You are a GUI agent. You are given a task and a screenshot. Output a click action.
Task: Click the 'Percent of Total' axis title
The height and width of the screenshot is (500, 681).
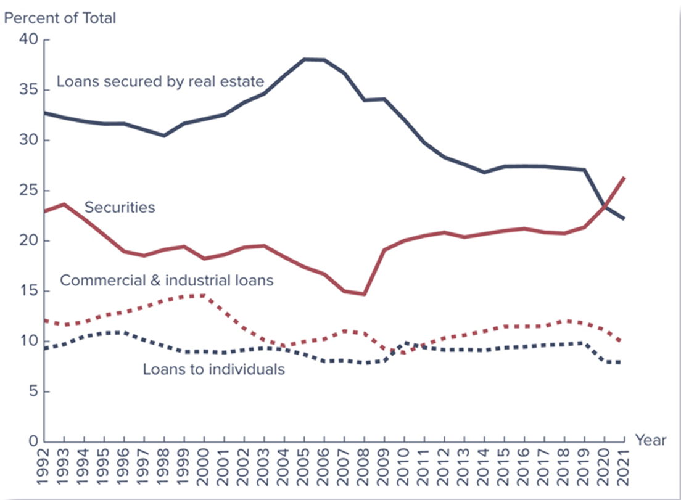60,18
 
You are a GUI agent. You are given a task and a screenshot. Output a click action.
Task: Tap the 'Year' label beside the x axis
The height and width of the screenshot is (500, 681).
651,440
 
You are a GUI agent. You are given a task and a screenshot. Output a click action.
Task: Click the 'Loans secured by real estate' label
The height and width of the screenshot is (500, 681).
160,81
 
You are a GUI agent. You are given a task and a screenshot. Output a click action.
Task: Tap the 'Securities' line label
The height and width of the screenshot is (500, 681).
120,207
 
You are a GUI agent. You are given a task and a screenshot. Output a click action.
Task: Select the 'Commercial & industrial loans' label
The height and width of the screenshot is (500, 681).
167,280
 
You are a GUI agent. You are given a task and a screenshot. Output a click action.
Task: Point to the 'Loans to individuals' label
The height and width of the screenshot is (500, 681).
213,369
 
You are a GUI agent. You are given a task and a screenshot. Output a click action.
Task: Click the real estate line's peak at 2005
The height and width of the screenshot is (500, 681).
304,59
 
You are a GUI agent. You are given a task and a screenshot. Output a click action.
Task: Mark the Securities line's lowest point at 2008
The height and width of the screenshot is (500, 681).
364,294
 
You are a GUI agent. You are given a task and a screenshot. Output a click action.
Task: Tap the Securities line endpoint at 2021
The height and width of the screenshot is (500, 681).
625,178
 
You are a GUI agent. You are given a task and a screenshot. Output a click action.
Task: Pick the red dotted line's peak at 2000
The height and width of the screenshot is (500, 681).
204,295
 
